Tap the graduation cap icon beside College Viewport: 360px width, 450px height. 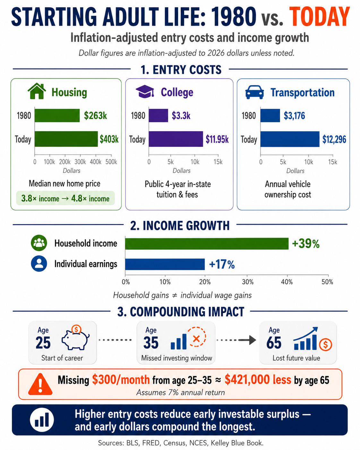145,91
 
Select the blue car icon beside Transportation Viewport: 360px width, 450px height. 254,92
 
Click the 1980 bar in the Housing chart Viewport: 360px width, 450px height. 57,116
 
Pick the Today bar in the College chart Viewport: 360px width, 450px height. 176,139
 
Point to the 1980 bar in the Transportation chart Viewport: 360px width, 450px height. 270,116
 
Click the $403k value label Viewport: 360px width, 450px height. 109,139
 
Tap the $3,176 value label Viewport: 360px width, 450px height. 294,116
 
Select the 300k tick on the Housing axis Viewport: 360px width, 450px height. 80,162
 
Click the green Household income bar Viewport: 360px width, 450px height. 207,244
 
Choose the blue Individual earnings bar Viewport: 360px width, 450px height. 165,264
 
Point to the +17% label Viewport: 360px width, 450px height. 222,264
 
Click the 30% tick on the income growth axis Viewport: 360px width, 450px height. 248,282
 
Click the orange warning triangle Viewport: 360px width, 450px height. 40,384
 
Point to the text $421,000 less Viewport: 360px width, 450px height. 258,379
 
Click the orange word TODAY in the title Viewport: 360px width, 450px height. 320,17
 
